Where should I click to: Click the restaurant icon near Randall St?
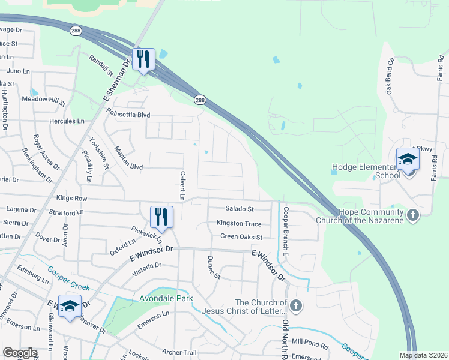[x=144, y=59]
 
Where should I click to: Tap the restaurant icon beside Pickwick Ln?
[x=161, y=216]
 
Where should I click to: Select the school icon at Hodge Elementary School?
[x=408, y=159]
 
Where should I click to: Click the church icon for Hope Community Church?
[x=412, y=215]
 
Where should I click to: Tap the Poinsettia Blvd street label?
[x=128, y=114]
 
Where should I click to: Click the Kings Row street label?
[x=71, y=198]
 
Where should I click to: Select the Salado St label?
[x=240, y=209]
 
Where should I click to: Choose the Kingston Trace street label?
[x=239, y=223]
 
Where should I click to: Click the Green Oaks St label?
[x=241, y=236]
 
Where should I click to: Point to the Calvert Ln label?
[x=181, y=185]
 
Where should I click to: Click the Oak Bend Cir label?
[x=390, y=76]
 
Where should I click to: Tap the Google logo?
[x=20, y=353]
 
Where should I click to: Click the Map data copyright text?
[x=424, y=355]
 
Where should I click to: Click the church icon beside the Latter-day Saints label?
[x=296, y=306]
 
